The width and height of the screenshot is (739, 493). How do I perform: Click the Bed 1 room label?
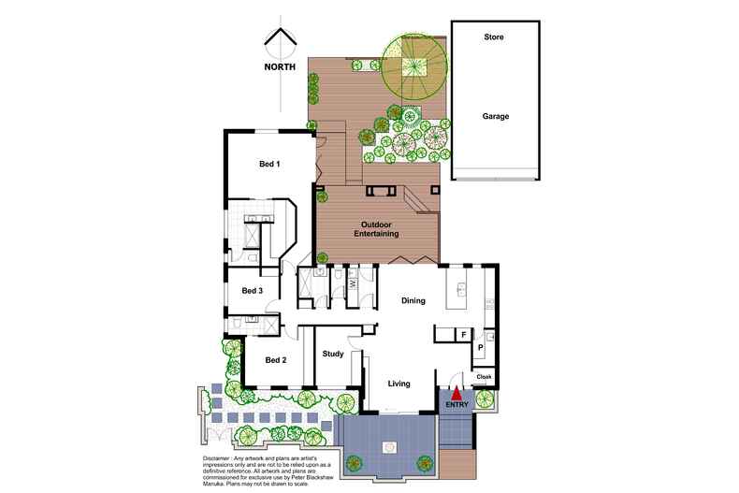[x=270, y=164]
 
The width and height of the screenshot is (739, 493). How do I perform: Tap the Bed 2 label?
[x=275, y=360]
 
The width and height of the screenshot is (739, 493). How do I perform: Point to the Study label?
[x=333, y=355]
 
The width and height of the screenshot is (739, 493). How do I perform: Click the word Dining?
[x=413, y=301]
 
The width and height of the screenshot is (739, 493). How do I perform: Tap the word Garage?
[x=495, y=117]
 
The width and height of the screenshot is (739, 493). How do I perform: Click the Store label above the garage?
[x=493, y=37]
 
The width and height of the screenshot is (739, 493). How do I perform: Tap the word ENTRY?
[x=457, y=405]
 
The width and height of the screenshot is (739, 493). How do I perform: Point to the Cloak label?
[x=484, y=377]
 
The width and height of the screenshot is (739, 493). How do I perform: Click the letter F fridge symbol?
[x=462, y=333]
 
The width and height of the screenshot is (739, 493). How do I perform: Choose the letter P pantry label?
[x=480, y=347]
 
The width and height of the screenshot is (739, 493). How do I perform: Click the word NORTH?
[x=281, y=66]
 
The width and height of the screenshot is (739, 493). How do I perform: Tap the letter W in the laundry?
[x=353, y=282]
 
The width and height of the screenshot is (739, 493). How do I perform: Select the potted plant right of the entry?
[x=485, y=399]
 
